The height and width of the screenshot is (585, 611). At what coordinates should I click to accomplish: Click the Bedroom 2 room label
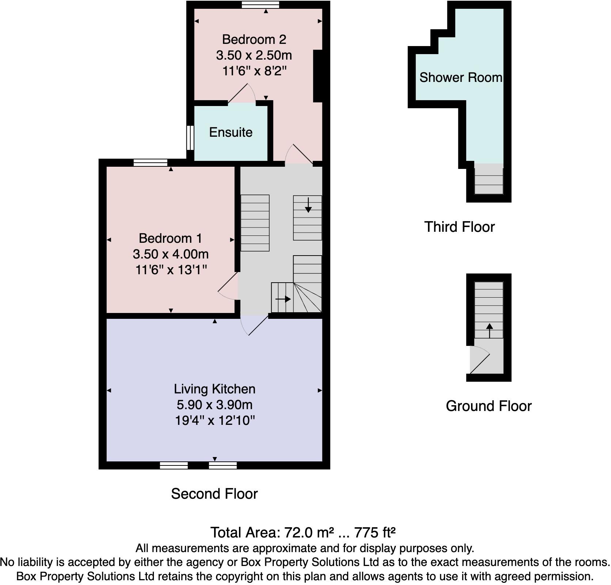coord(254,39)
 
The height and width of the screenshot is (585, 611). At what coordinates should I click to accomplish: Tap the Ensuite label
coord(231,132)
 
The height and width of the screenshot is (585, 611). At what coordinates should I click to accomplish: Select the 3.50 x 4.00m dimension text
coord(170,254)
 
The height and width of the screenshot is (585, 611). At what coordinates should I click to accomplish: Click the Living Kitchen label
coord(215,389)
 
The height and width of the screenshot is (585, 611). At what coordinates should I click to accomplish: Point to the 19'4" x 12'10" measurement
coord(215,420)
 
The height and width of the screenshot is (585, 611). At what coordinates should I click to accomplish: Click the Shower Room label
coord(460,78)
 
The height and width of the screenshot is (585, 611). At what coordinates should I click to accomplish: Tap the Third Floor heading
coord(459,227)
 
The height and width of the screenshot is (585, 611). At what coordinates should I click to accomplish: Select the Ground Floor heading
coord(489,406)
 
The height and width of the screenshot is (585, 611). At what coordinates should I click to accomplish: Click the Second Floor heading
coord(215,494)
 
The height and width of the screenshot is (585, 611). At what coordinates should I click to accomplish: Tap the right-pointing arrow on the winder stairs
coord(283,299)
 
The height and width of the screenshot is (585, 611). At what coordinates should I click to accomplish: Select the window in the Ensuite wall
coord(190,137)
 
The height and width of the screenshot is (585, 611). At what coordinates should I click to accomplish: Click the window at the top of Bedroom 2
coord(261,4)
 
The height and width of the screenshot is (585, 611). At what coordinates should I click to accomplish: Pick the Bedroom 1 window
coord(151,163)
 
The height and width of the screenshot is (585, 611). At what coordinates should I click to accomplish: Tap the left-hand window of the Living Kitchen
coord(174,465)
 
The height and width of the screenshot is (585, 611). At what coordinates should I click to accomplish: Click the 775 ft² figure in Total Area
coord(375,532)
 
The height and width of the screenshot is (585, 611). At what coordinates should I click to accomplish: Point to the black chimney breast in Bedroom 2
coord(318,76)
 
